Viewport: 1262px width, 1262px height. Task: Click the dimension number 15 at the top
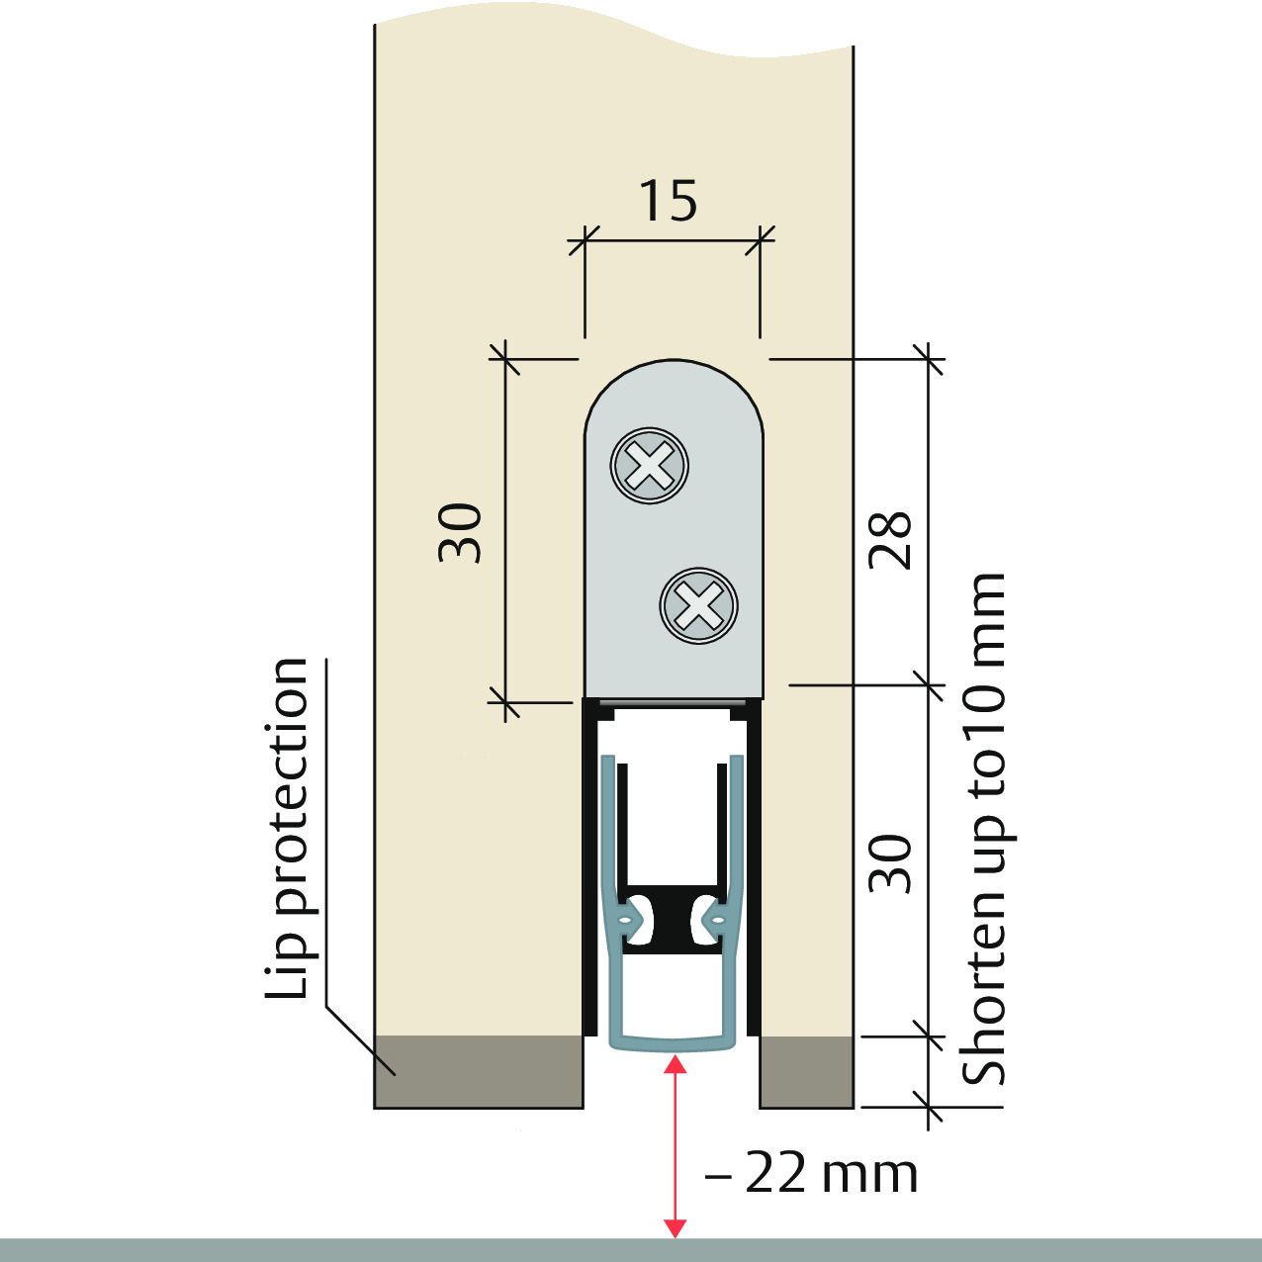[669, 201]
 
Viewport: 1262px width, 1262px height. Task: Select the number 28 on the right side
[890, 540]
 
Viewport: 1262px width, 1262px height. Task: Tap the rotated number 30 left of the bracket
[461, 533]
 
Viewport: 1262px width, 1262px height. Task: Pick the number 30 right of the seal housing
[890, 863]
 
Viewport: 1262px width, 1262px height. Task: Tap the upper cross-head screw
[650, 465]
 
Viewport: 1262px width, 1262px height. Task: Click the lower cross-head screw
[699, 605]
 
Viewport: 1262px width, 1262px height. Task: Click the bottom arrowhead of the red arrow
[675, 1228]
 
